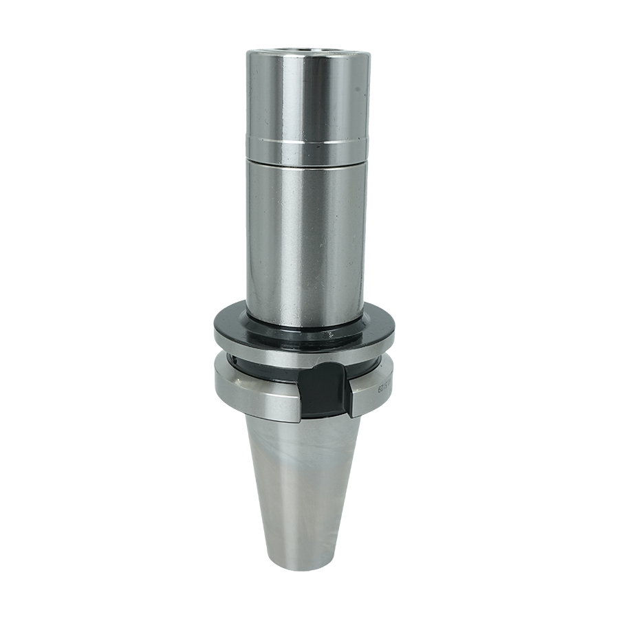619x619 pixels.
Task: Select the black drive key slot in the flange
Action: [x=323, y=395]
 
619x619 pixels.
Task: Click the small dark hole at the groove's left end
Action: [x=235, y=360]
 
